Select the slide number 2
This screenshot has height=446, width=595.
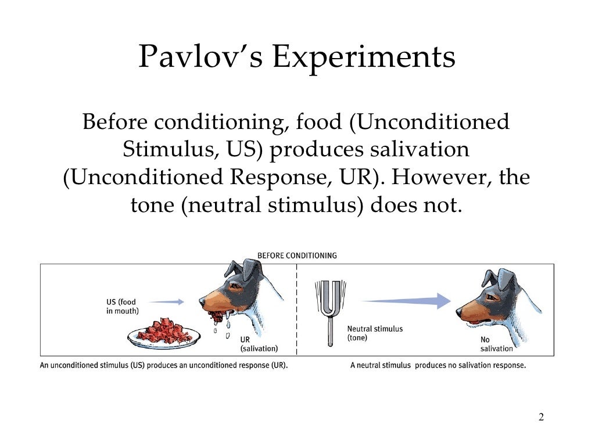[541, 418]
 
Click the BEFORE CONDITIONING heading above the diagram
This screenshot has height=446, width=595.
[297, 256]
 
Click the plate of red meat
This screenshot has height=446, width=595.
[164, 331]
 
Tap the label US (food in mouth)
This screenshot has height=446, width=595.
[122, 306]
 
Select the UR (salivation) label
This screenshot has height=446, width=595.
[259, 344]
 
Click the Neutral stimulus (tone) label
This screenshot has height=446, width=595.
[374, 333]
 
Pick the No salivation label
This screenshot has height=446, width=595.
[496, 344]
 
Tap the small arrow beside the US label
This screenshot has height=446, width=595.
[170, 301]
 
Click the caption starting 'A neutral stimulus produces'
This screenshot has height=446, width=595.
[438, 366]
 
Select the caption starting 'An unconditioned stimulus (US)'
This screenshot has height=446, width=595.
[164, 366]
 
